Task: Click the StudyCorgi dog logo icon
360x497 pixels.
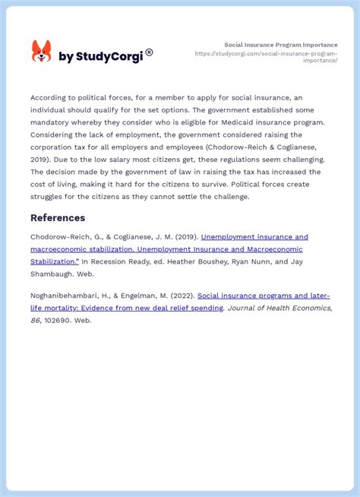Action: click(x=41, y=52)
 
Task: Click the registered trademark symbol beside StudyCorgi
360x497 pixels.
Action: click(x=149, y=52)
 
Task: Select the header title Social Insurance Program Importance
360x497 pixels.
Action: click(x=281, y=45)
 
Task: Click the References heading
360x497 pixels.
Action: click(x=58, y=218)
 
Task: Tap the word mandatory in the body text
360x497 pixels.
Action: click(x=52, y=122)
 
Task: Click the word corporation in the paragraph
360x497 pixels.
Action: click(x=52, y=147)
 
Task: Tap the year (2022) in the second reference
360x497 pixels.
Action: click(x=182, y=296)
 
